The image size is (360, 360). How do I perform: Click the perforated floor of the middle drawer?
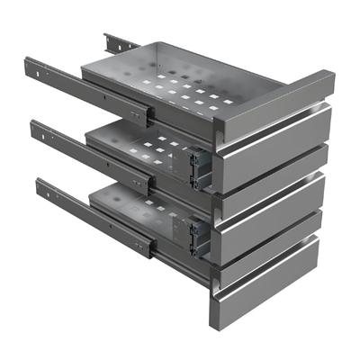[144, 148]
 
